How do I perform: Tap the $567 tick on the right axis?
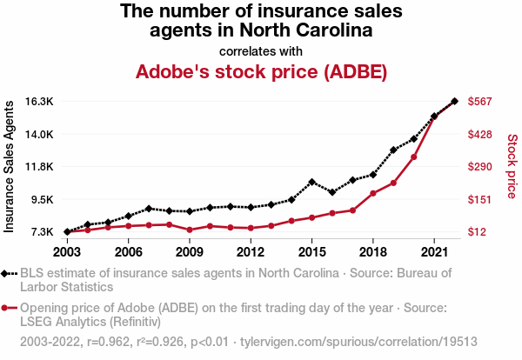tap(481, 102)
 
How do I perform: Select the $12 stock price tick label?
tap(478, 232)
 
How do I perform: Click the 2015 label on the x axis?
tap(311, 252)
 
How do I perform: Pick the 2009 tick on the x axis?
tap(190, 252)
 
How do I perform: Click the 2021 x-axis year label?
tap(433, 252)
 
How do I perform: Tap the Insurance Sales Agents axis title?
tap(10, 166)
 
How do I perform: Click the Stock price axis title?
tap(512, 166)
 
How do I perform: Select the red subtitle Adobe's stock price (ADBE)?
tap(261, 71)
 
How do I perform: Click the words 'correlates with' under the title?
tap(261, 50)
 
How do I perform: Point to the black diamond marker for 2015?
tap(311, 182)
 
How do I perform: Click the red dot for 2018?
tap(372, 193)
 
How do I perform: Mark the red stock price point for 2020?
tap(413, 157)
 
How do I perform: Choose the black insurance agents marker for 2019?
tap(393, 150)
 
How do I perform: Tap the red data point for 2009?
tap(190, 230)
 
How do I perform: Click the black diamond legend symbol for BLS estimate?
tap(9, 273)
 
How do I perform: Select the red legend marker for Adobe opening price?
tap(9, 307)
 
